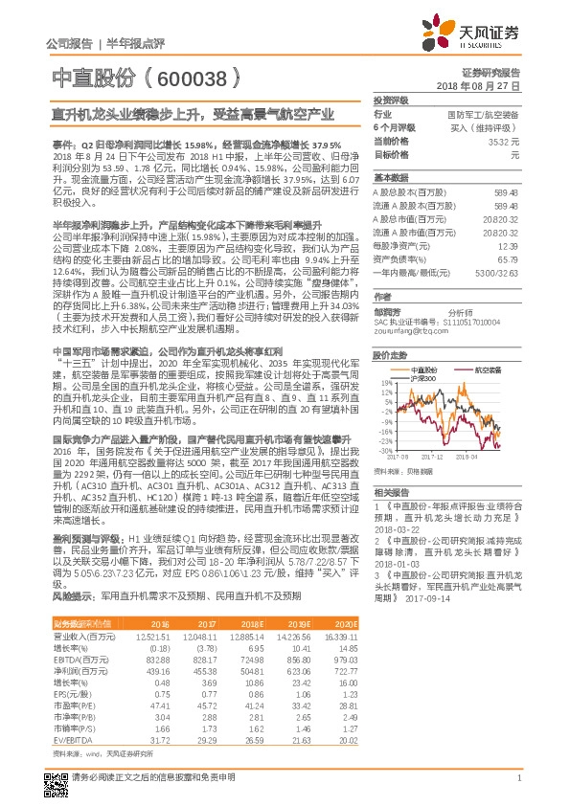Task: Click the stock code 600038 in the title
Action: coord(191,78)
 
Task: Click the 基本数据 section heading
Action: coord(391,178)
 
